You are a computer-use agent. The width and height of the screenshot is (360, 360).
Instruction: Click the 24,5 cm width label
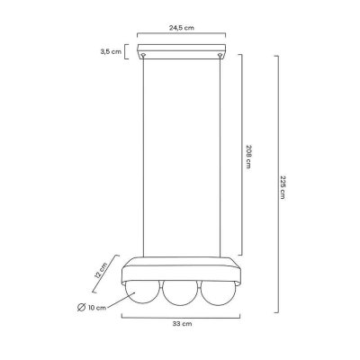tap(182, 28)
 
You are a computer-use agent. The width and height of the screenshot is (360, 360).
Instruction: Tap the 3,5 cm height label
tap(111, 51)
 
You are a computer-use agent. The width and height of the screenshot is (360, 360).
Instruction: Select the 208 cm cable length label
tap(248, 157)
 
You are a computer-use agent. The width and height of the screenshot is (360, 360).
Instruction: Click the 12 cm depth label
tap(101, 271)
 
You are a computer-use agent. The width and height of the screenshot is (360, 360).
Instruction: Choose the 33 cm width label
tap(182, 324)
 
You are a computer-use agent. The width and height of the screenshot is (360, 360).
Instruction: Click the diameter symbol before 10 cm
tap(81, 308)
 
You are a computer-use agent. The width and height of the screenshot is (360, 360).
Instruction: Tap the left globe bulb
tap(142, 291)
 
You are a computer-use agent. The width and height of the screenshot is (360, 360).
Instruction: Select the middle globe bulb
tap(181, 293)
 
